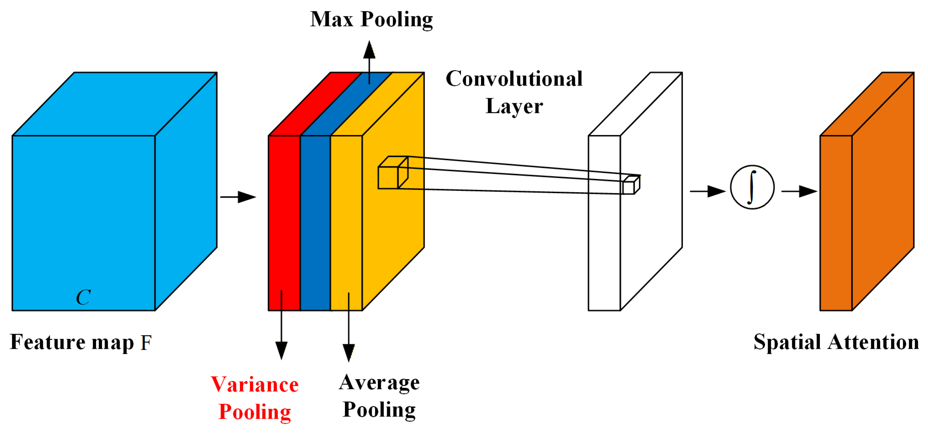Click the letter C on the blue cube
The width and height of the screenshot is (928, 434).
(83, 297)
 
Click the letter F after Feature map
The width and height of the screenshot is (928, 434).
(146, 343)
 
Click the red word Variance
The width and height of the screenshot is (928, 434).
(255, 385)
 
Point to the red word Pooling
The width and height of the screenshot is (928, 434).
(255, 412)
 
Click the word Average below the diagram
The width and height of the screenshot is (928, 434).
(379, 383)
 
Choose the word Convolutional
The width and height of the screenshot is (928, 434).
(514, 78)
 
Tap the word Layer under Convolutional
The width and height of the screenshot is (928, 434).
(514, 106)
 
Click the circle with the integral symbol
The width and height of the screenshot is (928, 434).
(752, 187)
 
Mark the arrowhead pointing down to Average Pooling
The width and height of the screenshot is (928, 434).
(348, 352)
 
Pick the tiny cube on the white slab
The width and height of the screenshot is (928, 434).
(631, 185)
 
